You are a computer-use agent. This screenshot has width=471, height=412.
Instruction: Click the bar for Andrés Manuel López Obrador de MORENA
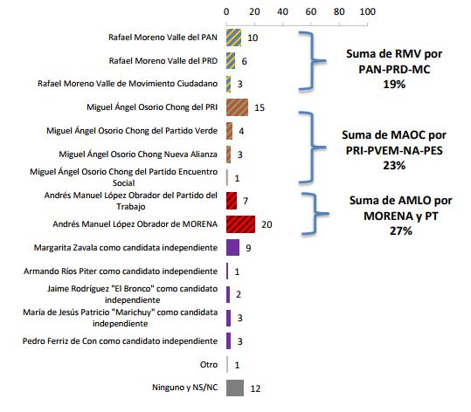240,224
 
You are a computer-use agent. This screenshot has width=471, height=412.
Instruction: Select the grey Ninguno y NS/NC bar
235,388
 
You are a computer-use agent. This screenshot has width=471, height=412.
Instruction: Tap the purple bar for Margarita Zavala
232,248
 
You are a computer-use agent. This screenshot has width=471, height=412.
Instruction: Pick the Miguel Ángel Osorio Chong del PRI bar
238,107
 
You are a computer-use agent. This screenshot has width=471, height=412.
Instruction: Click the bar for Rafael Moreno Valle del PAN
233,38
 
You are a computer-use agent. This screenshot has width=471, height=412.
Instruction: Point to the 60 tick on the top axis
311,12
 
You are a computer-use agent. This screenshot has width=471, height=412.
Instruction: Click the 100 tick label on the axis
368,12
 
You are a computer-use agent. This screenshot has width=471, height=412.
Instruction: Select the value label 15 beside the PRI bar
260,107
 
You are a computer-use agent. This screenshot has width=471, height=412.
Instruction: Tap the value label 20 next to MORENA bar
267,224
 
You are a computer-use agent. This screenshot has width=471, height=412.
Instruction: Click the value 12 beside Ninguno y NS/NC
255,388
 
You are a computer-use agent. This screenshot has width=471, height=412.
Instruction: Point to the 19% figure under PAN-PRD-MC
394,85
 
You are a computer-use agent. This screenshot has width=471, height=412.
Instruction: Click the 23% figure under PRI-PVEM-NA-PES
394,165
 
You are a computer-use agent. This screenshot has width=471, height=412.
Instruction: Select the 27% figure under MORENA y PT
401,230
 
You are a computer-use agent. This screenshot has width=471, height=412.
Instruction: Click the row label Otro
209,365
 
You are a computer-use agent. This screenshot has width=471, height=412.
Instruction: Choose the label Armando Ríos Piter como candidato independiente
121,271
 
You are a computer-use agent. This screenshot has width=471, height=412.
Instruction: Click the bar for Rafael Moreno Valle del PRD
231,61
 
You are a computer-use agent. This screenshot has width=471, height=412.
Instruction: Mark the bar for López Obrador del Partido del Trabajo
232,201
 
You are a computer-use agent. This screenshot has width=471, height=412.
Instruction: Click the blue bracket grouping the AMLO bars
315,214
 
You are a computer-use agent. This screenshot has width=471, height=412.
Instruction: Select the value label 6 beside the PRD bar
244,61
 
